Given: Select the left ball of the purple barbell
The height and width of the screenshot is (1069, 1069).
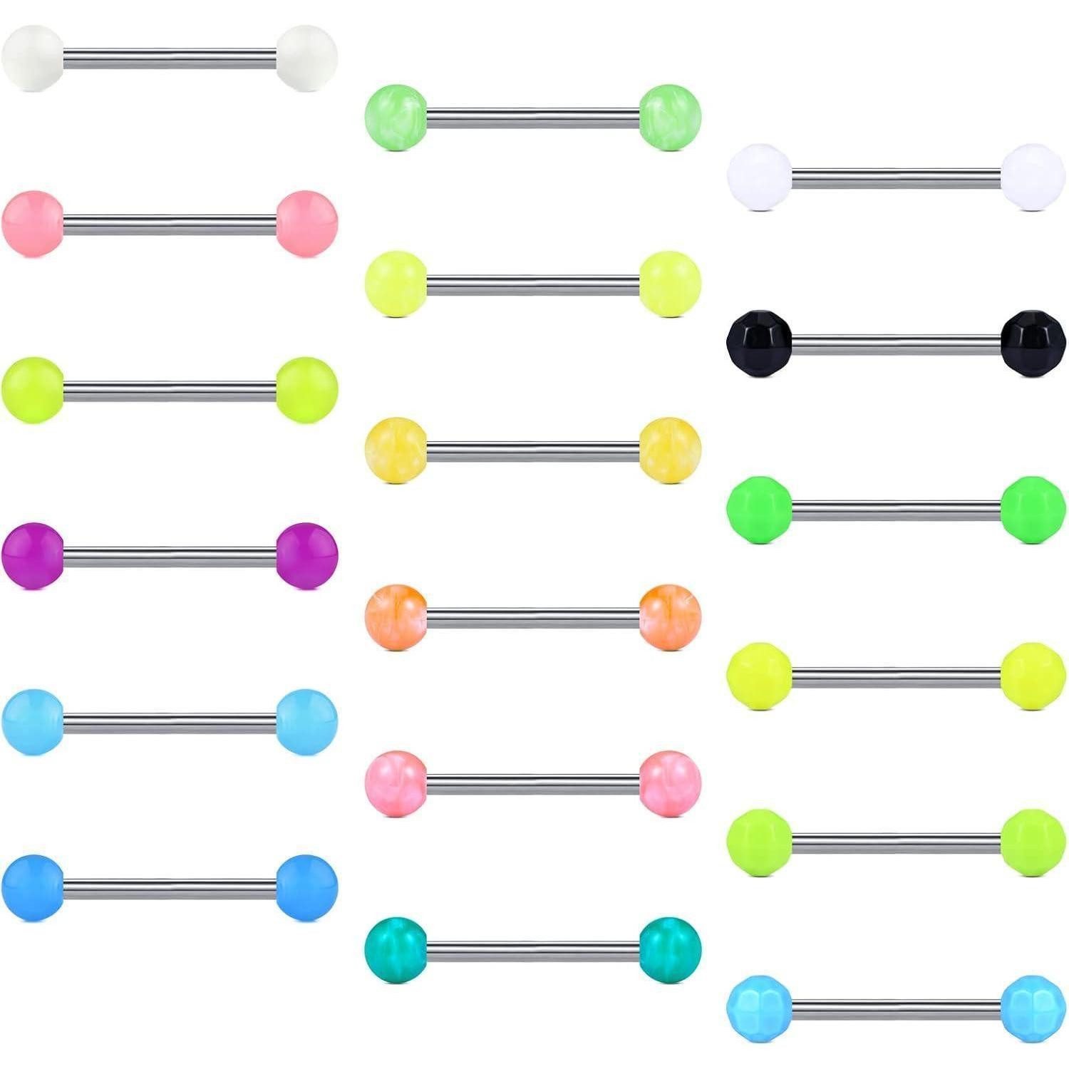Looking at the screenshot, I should click(x=33, y=556).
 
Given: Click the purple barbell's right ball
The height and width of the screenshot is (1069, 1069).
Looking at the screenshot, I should click(x=306, y=556).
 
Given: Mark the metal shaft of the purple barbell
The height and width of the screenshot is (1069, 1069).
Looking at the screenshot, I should click(x=170, y=557).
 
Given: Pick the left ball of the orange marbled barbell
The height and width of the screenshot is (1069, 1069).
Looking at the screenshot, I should click(x=396, y=617).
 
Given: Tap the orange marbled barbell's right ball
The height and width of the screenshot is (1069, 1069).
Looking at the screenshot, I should click(x=670, y=617).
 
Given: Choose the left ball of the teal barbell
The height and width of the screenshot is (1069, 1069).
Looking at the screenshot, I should click(x=396, y=950).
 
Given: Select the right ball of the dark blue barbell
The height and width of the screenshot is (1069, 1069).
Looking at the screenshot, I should click(x=306, y=887).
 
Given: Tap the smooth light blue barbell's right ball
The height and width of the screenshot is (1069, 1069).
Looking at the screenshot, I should click(x=306, y=721).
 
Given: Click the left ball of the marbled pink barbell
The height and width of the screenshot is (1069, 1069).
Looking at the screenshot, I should click(x=396, y=783).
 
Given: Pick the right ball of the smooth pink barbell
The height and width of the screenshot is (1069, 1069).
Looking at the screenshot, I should click(x=306, y=223).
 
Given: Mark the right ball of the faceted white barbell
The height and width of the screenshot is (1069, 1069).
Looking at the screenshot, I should click(x=1033, y=177).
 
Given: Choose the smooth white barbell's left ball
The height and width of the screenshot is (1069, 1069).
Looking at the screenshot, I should click(x=33, y=58).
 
